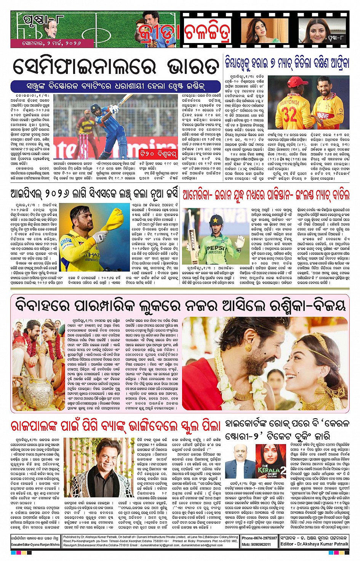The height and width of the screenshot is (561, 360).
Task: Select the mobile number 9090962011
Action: coord(262,544)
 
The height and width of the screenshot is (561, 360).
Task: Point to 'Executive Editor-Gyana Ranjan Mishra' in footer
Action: coord(35,545)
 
